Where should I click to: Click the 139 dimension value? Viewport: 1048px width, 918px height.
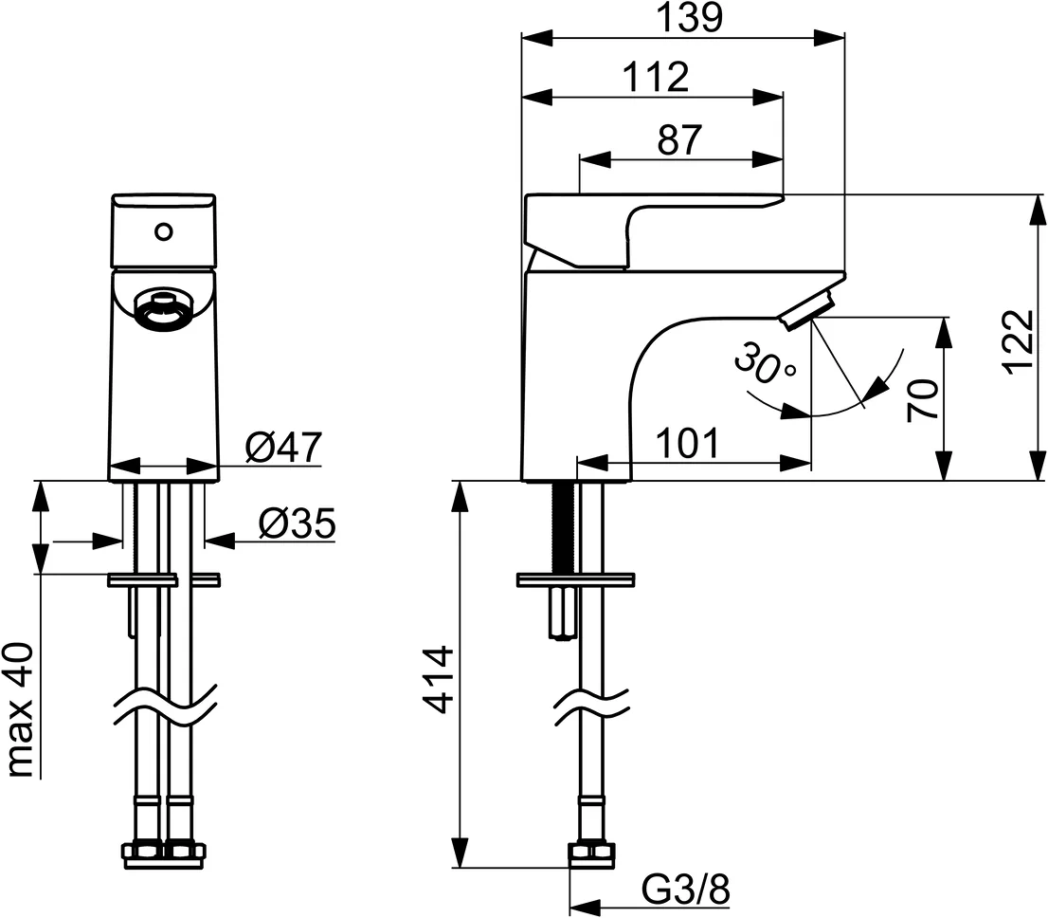tap(682, 18)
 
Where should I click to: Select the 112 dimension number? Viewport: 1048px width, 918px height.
tap(656, 78)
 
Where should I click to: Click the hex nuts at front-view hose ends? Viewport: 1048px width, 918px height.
tap(164, 853)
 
